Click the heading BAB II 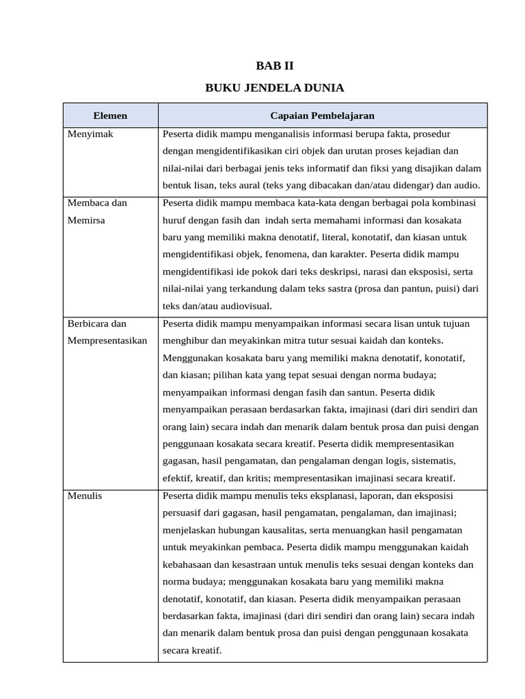pos(274,66)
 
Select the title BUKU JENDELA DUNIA pos(274,88)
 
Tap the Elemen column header pos(110,115)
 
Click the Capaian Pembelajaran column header pos(322,115)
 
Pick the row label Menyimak pos(90,134)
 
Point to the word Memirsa pos(86,220)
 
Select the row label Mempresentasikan pos(107,340)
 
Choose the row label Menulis pos(85,496)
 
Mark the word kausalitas pos(279,530)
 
